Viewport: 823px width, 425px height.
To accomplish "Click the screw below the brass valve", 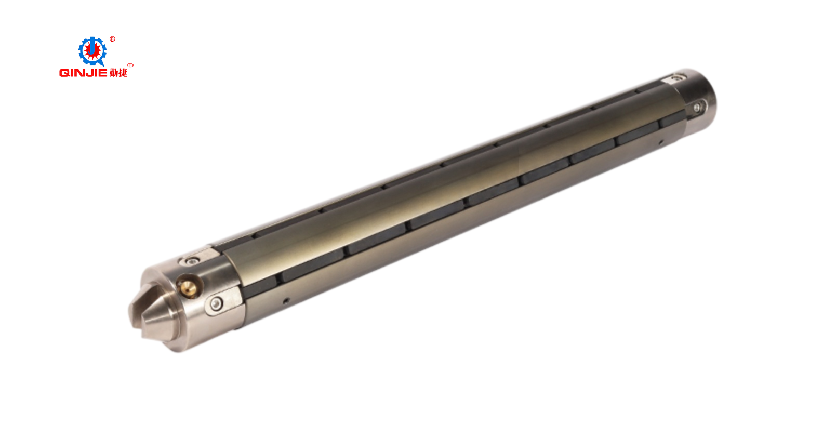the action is pyautogui.click(x=217, y=304).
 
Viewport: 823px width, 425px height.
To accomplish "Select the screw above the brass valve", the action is pyautogui.click(x=192, y=261).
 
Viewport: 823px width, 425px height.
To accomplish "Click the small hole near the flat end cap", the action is pyautogui.click(x=661, y=142).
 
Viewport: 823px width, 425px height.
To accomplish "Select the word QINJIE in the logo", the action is pyautogui.click(x=83, y=73).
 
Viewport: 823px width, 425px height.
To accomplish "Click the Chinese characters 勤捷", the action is pyautogui.click(x=118, y=73).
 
